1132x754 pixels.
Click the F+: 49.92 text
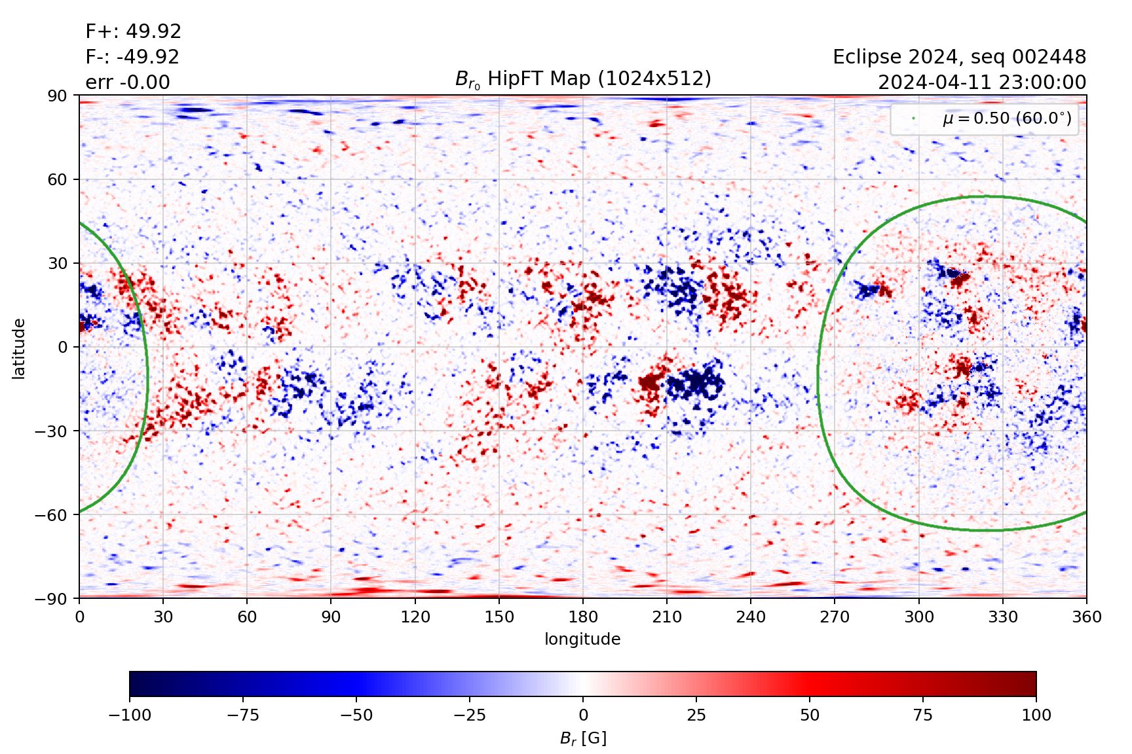pyautogui.click(x=133, y=31)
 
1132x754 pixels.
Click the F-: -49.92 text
pyautogui.click(x=132, y=57)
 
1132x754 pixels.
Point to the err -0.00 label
pyautogui.click(x=128, y=82)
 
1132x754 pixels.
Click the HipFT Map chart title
pyautogui.click(x=582, y=79)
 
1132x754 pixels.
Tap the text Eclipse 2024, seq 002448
pyautogui.click(x=959, y=57)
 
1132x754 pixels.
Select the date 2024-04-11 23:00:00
pyautogui.click(x=981, y=82)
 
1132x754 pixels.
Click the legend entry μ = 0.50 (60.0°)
pyautogui.click(x=1006, y=118)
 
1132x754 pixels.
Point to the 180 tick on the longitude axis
pyautogui.click(x=583, y=617)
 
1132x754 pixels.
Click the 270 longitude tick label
pyautogui.click(x=835, y=617)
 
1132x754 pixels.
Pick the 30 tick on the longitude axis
pyautogui.click(x=163, y=617)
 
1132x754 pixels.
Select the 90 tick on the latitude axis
pyautogui.click(x=57, y=96)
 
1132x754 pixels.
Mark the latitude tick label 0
pyautogui.click(x=63, y=347)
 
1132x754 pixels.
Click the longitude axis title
pyautogui.click(x=582, y=639)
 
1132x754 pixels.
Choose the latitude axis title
pyautogui.click(x=19, y=348)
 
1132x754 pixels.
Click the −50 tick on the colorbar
pyautogui.click(x=356, y=715)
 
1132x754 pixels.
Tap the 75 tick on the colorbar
pyautogui.click(x=923, y=715)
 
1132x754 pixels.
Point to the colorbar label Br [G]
pyautogui.click(x=583, y=738)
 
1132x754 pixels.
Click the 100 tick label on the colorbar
pyautogui.click(x=1036, y=715)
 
